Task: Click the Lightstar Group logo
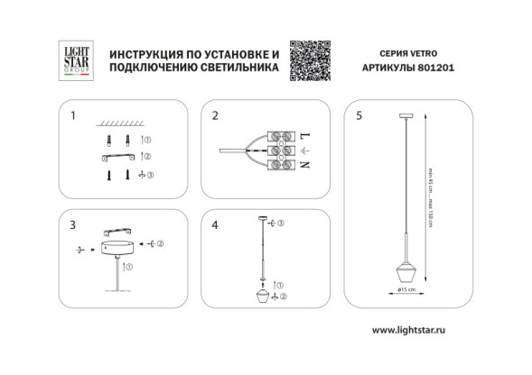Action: point(71,61)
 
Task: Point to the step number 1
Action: point(74,115)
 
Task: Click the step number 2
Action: point(216,115)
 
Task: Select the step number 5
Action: point(359,115)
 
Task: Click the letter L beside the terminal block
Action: point(303,132)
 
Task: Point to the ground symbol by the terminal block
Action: point(303,149)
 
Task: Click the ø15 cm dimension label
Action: point(406,290)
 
